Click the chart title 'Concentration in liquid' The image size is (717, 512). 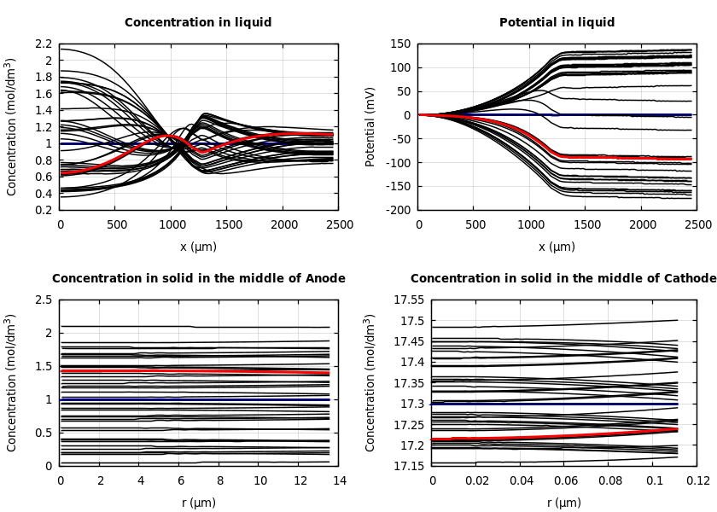click(x=198, y=23)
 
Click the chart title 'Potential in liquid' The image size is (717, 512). click(x=557, y=23)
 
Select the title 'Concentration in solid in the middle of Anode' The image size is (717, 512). click(x=199, y=279)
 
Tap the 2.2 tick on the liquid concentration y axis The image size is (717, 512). click(x=44, y=44)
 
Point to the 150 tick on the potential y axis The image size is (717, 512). click(x=400, y=44)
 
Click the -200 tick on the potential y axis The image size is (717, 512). click(x=398, y=210)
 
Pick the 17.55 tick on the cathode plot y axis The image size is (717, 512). click(x=407, y=300)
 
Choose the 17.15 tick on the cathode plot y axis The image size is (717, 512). click(x=407, y=466)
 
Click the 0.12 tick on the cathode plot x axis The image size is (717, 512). click(x=698, y=481)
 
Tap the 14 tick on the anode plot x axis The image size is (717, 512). click(x=339, y=481)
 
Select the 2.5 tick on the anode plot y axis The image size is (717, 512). click(x=44, y=300)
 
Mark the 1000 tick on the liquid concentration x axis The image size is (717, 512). click(x=172, y=224)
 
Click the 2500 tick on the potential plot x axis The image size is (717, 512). click(x=697, y=224)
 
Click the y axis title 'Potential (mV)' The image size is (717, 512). click(x=370, y=126)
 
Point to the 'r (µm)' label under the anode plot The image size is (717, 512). click(x=198, y=503)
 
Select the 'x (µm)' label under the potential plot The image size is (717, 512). click(x=557, y=247)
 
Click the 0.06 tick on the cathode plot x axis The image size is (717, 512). click(x=565, y=481)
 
